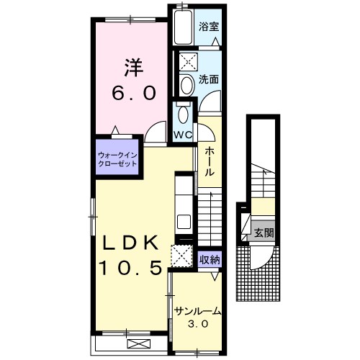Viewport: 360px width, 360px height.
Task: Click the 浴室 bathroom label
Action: pyautogui.click(x=209, y=27)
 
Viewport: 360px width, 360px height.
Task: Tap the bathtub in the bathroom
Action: pyautogui.click(x=184, y=27)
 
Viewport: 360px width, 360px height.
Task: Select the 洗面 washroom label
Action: pyautogui.click(x=209, y=79)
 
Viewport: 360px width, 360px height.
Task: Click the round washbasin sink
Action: pyautogui.click(x=187, y=85)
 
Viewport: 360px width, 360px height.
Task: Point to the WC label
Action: pyautogui.click(x=183, y=135)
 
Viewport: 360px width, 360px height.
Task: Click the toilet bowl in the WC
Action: pyautogui.click(x=184, y=114)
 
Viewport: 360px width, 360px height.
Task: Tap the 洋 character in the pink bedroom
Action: pyautogui.click(x=133, y=68)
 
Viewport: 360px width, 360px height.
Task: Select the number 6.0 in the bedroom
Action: pyautogui.click(x=134, y=93)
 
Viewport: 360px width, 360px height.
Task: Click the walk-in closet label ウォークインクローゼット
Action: pyautogui.click(x=117, y=160)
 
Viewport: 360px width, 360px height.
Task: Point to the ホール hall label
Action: pyautogui.click(x=210, y=161)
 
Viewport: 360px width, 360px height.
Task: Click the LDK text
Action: pyautogui.click(x=131, y=243)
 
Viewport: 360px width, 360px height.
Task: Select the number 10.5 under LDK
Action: pyautogui.click(x=131, y=268)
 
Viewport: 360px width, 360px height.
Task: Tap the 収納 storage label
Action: pyautogui.click(x=210, y=259)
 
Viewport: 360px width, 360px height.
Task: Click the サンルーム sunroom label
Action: pyautogui.click(x=197, y=311)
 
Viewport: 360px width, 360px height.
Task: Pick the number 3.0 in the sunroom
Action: pyautogui.click(x=198, y=325)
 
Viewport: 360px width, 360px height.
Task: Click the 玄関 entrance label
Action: pyautogui.click(x=264, y=233)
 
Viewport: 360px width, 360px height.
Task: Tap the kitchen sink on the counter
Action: pyautogui.click(x=184, y=222)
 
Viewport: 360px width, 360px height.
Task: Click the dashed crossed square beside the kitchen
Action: pyautogui.click(x=181, y=256)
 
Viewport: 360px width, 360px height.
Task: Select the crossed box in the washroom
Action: pyautogui.click(x=189, y=62)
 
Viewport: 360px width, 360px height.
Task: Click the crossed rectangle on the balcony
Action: pyautogui.click(x=139, y=343)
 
